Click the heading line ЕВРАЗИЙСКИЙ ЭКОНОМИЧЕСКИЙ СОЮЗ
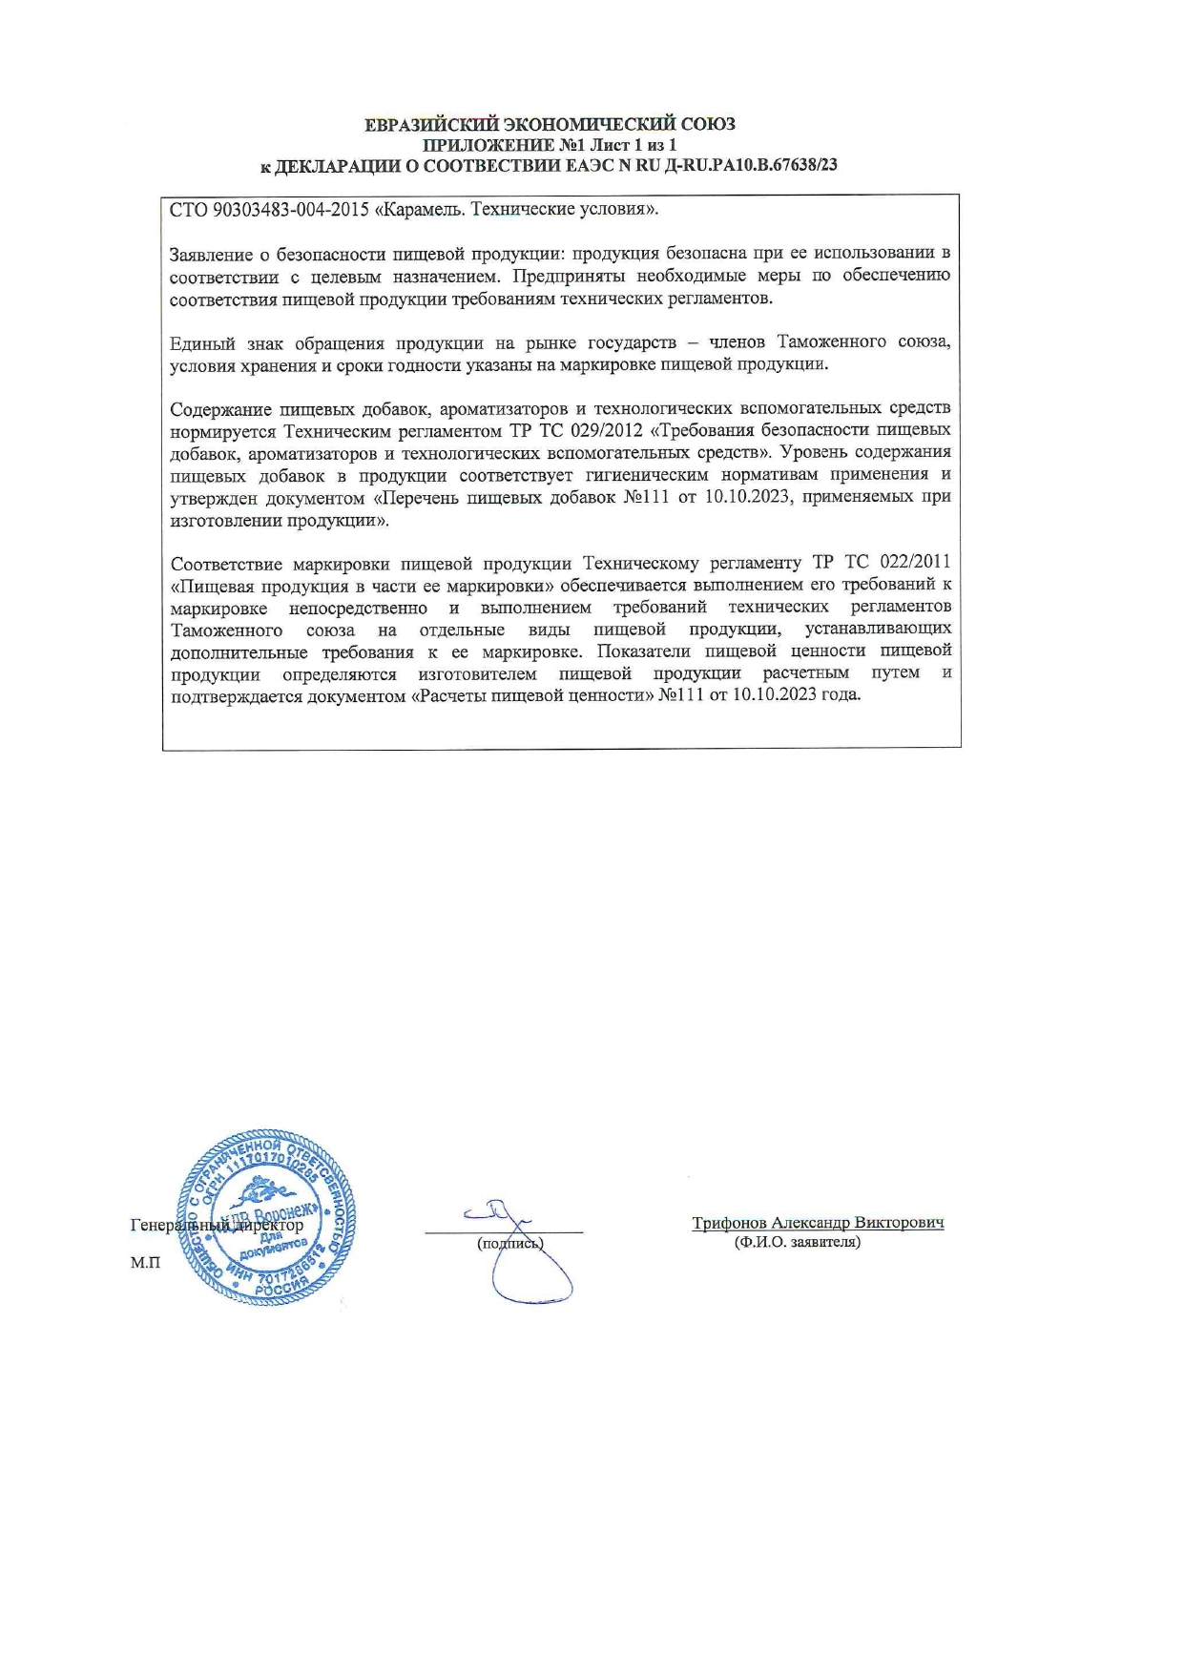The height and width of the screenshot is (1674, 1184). (x=550, y=125)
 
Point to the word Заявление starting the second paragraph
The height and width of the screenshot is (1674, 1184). (x=210, y=255)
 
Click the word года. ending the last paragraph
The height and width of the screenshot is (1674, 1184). (x=841, y=695)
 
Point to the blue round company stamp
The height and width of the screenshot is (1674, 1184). (x=267, y=1218)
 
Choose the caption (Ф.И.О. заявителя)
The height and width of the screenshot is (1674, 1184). (x=797, y=1243)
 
